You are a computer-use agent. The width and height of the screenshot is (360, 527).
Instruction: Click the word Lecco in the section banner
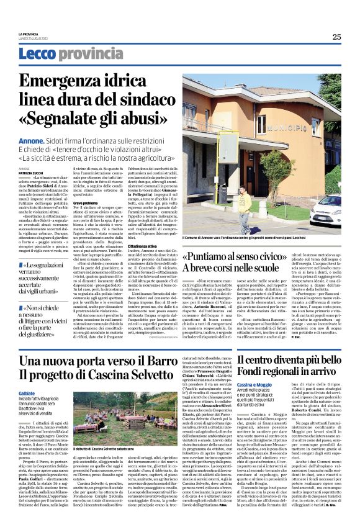pyautogui.click(x=37, y=55)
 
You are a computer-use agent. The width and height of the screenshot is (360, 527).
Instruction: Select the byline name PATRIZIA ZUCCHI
pyautogui.click(x=34, y=173)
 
